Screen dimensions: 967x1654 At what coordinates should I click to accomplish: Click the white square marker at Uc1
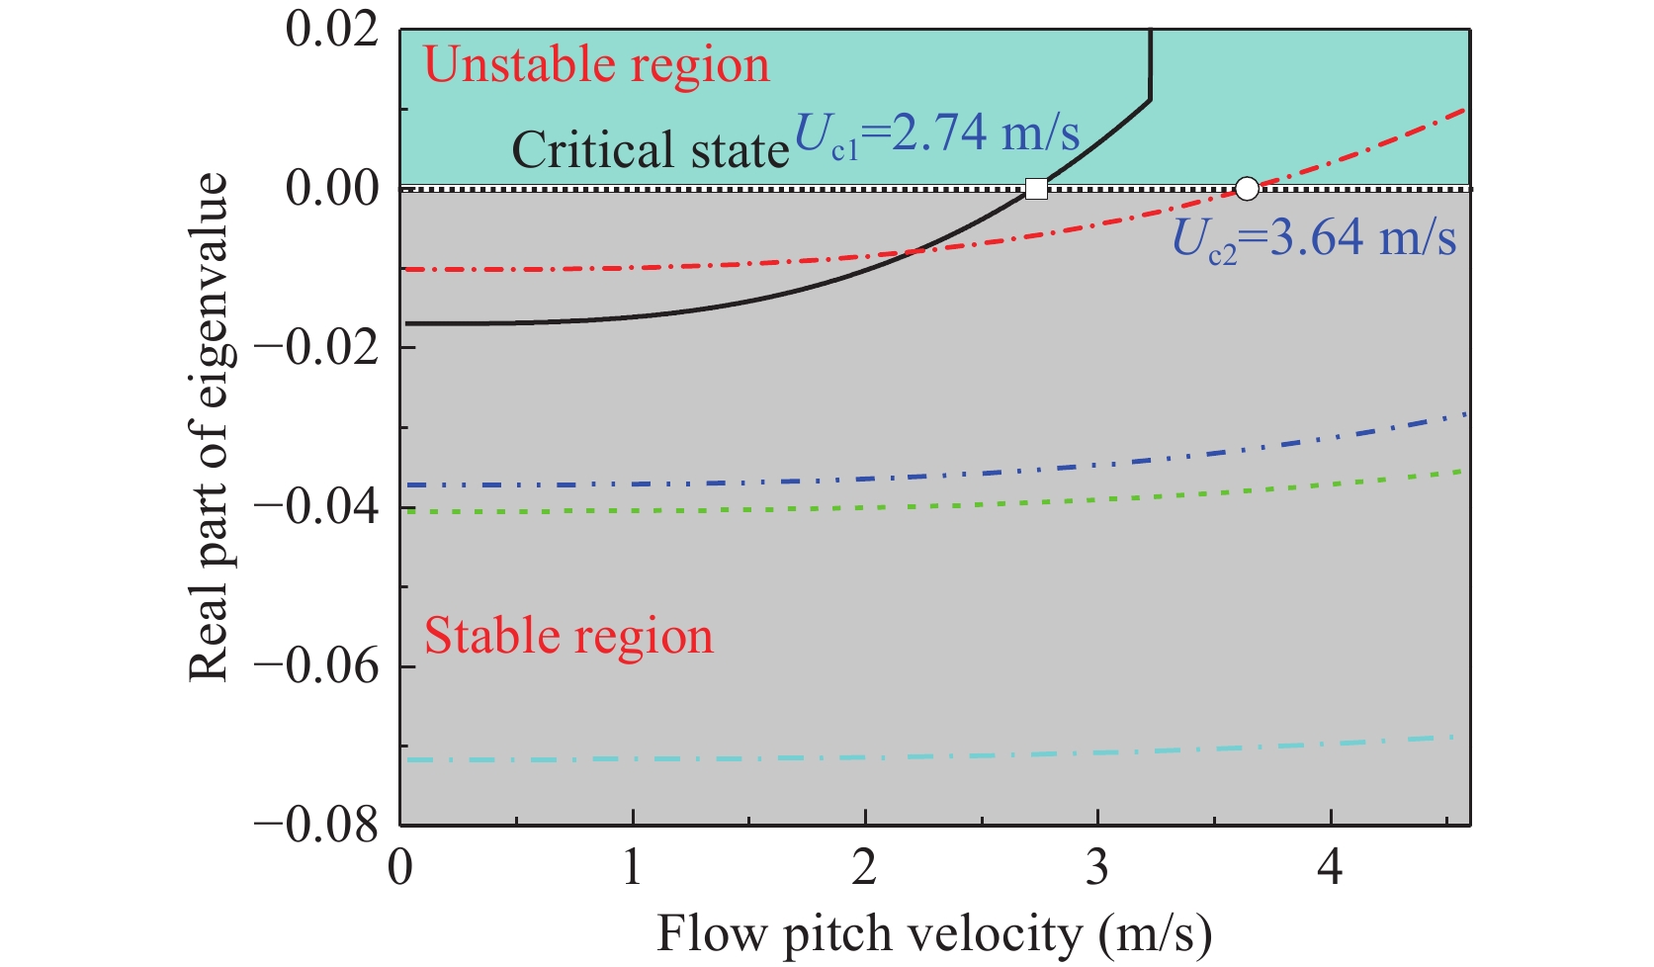click(1036, 188)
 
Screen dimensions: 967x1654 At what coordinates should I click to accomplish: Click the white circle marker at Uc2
click(1248, 188)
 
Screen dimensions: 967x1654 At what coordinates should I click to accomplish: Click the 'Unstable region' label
click(596, 65)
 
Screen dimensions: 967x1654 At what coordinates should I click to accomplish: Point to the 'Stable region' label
click(568, 636)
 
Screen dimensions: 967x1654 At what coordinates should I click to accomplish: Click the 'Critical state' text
click(651, 150)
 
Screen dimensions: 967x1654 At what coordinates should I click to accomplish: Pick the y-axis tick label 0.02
click(332, 29)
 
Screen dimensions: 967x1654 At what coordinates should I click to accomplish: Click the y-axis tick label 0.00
click(332, 188)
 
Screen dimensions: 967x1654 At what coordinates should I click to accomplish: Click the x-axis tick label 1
click(633, 867)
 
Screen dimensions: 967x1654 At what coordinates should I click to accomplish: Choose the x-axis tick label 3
click(1097, 867)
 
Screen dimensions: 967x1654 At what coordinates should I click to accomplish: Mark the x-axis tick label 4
click(1330, 867)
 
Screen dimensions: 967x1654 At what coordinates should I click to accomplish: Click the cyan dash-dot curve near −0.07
click(890, 756)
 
